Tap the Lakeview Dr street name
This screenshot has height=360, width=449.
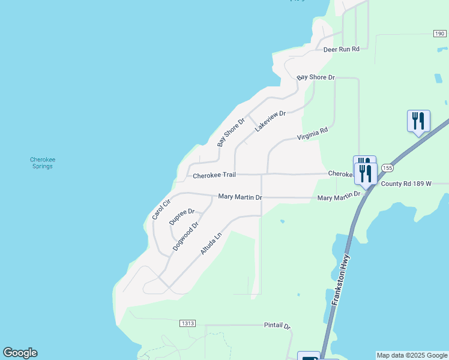point(270,121)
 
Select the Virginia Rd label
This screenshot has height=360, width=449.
point(313,134)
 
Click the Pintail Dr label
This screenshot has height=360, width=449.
point(277,326)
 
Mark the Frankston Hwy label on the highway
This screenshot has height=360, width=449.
point(340,281)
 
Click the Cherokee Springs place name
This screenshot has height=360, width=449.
point(43,163)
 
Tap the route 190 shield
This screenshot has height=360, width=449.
point(440,34)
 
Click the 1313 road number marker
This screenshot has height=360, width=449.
point(187,323)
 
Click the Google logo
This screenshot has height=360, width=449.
point(20,353)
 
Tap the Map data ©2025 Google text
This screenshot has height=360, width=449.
point(412,355)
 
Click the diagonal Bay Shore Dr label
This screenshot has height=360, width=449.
point(231,132)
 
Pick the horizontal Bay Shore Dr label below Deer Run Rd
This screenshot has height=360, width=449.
point(316,78)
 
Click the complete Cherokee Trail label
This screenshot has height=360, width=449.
point(214,175)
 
